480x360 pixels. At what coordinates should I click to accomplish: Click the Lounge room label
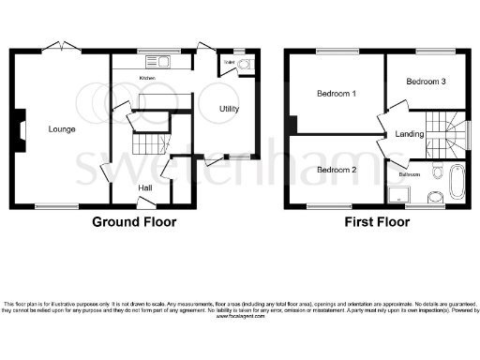tap(63, 128)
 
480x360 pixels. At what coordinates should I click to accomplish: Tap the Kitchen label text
tap(147, 78)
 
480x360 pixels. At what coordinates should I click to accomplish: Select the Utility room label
tap(230, 110)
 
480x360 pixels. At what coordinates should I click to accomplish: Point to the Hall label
tap(146, 187)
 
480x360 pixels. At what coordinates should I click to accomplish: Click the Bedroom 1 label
tap(336, 94)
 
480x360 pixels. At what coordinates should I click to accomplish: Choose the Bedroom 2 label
tap(336, 170)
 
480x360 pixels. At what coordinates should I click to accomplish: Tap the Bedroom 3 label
tap(426, 82)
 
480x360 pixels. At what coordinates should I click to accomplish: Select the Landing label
tap(410, 134)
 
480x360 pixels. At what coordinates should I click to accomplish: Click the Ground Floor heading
tap(134, 222)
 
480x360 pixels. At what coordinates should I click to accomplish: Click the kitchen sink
tap(163, 63)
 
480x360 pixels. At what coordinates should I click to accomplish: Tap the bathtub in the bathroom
tap(457, 181)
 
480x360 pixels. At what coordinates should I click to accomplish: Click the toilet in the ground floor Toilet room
tap(244, 66)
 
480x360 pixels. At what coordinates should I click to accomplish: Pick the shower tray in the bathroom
tap(400, 193)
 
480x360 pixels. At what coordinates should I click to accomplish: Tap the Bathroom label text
tap(410, 174)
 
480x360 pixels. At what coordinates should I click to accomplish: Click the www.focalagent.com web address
tap(241, 317)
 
